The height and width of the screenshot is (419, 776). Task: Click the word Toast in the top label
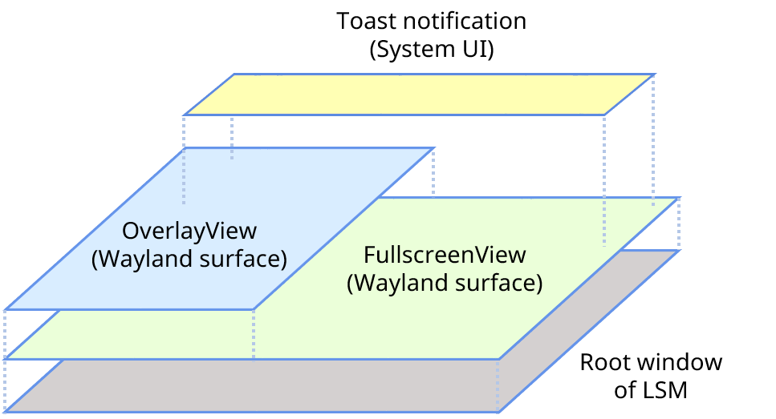point(366,22)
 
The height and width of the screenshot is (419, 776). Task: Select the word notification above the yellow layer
point(465,22)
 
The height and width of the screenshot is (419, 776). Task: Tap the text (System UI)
point(432,50)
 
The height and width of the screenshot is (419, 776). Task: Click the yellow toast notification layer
point(420,95)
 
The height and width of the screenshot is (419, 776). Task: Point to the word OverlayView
point(189,231)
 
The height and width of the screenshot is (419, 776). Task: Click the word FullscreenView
point(445,255)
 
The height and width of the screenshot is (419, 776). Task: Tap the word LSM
point(665,390)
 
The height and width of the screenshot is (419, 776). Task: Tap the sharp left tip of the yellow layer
point(184,115)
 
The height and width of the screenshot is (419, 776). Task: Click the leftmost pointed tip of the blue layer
point(5,310)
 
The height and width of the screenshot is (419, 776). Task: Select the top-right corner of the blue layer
point(434,147)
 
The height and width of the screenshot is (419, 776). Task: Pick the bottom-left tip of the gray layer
point(5,412)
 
